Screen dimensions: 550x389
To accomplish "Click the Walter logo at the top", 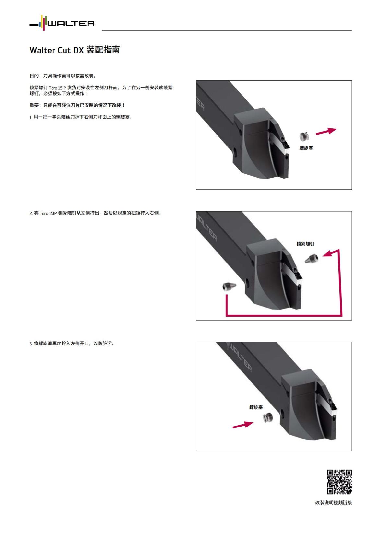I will (x=62, y=23).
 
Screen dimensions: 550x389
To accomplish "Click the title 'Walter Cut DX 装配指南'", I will (x=75, y=50).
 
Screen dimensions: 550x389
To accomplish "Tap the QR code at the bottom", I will (x=339, y=482).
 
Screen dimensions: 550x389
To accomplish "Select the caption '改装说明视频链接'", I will (x=333, y=503).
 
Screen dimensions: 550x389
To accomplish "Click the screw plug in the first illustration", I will (x=304, y=136).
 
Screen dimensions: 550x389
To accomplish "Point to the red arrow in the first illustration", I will (x=326, y=131).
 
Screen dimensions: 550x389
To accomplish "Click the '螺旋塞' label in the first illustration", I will (x=306, y=148).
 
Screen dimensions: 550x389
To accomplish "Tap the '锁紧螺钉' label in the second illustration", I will (x=305, y=244).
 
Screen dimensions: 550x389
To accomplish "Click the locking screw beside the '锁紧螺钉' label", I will (x=312, y=258).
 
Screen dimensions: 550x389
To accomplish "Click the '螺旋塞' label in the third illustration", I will (x=256, y=407).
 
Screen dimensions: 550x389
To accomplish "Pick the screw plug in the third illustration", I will (x=267, y=418).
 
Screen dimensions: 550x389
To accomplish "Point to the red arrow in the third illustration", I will (x=243, y=424).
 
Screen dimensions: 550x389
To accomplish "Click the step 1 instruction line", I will (x=81, y=117).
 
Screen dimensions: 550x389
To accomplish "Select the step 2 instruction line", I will (x=95, y=213).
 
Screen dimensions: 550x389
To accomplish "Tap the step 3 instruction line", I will (x=72, y=344).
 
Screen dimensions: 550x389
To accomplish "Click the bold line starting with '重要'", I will (x=77, y=105).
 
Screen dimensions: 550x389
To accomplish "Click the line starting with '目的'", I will (x=63, y=76).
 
